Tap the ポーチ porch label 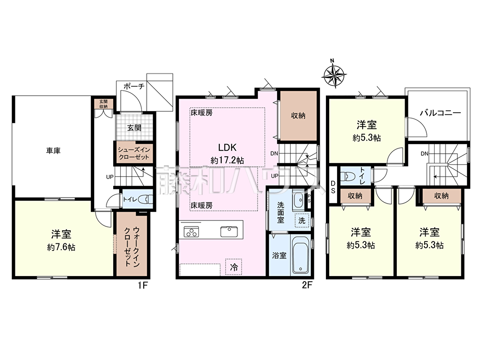[x=134, y=86]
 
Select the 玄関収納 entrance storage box [x=103, y=104]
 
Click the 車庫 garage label [x=53, y=151]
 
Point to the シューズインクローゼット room [x=134, y=153]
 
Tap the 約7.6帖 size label [x=61, y=247]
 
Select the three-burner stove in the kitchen [x=191, y=232]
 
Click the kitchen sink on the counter [x=229, y=232]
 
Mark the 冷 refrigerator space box [x=234, y=267]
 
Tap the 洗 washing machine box [x=302, y=220]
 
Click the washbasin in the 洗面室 [x=298, y=200]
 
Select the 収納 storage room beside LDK [x=298, y=116]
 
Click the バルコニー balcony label [x=440, y=113]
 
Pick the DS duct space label [x=333, y=187]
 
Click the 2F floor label [x=307, y=285]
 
